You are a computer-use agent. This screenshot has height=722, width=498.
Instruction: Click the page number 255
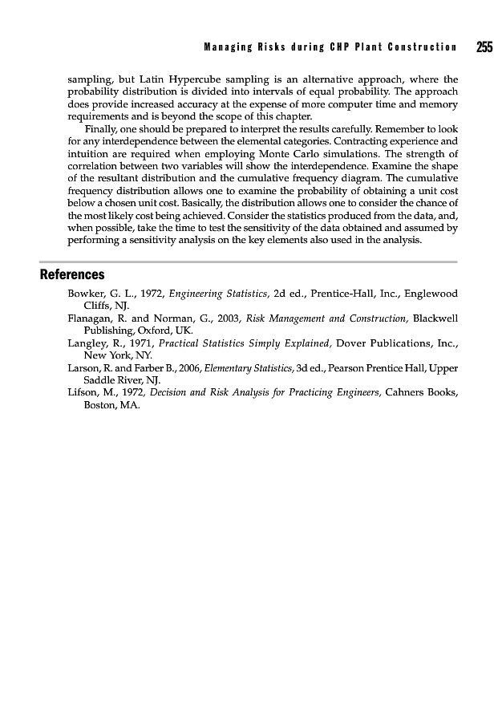(484, 47)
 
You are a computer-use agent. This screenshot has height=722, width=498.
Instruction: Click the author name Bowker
(87, 294)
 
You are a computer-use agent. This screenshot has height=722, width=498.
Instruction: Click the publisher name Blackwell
(435, 318)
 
